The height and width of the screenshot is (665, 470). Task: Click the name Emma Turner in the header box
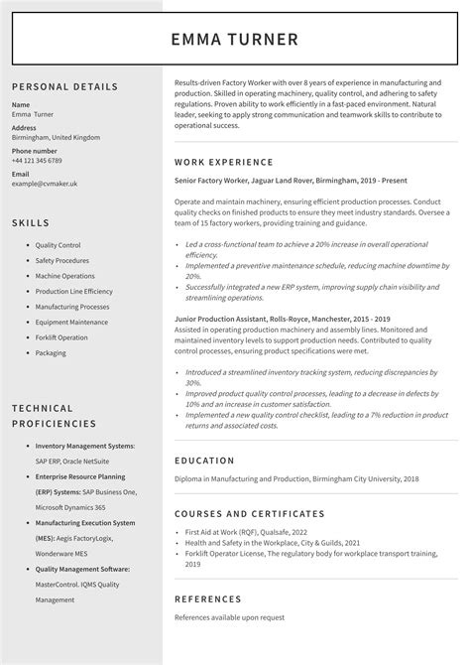pyautogui.click(x=234, y=40)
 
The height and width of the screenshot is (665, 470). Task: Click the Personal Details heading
pyautogui.click(x=64, y=86)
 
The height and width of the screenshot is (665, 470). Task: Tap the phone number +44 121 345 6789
pyautogui.click(x=37, y=161)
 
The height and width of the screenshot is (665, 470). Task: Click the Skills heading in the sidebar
pyautogui.click(x=31, y=222)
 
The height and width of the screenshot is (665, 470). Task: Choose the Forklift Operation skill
pyautogui.click(x=61, y=337)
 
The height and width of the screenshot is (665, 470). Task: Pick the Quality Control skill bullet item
pyautogui.click(x=58, y=245)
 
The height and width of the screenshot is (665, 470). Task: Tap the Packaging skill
pyautogui.click(x=51, y=353)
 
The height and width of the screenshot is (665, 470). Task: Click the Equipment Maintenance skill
pyautogui.click(x=71, y=323)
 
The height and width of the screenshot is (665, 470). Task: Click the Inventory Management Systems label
pyautogui.click(x=84, y=447)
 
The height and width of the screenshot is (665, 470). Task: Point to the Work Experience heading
pyautogui.click(x=224, y=162)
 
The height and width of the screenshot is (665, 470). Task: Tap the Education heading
pyautogui.click(x=204, y=461)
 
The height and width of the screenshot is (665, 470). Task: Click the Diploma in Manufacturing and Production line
pyautogui.click(x=295, y=479)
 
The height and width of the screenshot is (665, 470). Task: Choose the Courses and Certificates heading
pyautogui.click(x=249, y=514)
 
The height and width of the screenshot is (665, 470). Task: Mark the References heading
pyautogui.click(x=207, y=599)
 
